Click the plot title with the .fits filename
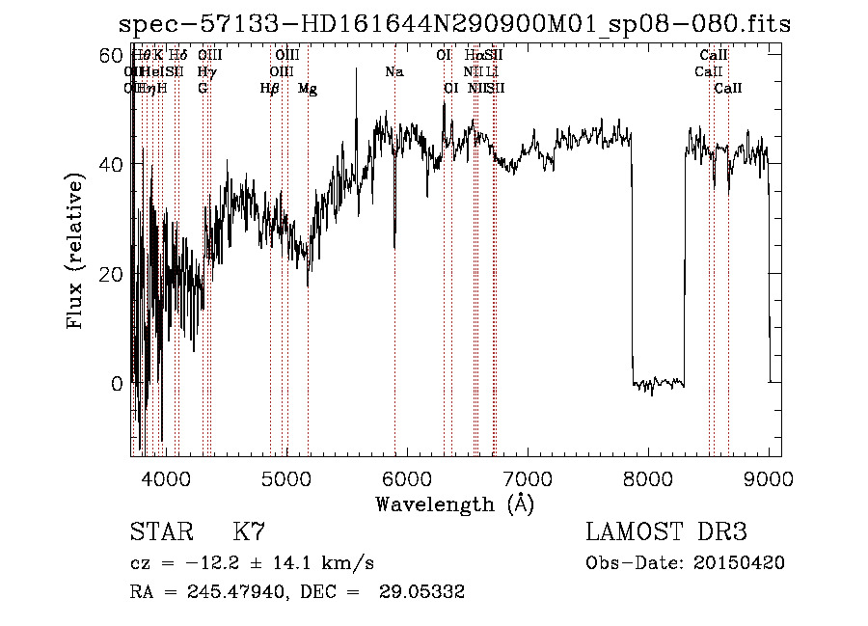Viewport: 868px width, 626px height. point(454,24)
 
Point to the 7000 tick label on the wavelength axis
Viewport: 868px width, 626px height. point(528,477)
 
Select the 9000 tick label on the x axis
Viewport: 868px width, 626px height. point(769,477)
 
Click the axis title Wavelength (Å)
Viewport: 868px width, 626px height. point(454,504)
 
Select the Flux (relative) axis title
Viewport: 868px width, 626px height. point(76,250)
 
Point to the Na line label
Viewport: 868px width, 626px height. point(393,72)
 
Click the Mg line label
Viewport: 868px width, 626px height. point(308,89)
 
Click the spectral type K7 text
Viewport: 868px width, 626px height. point(249,532)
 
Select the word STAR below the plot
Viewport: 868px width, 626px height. point(158,532)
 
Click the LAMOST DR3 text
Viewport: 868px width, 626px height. point(665,532)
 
